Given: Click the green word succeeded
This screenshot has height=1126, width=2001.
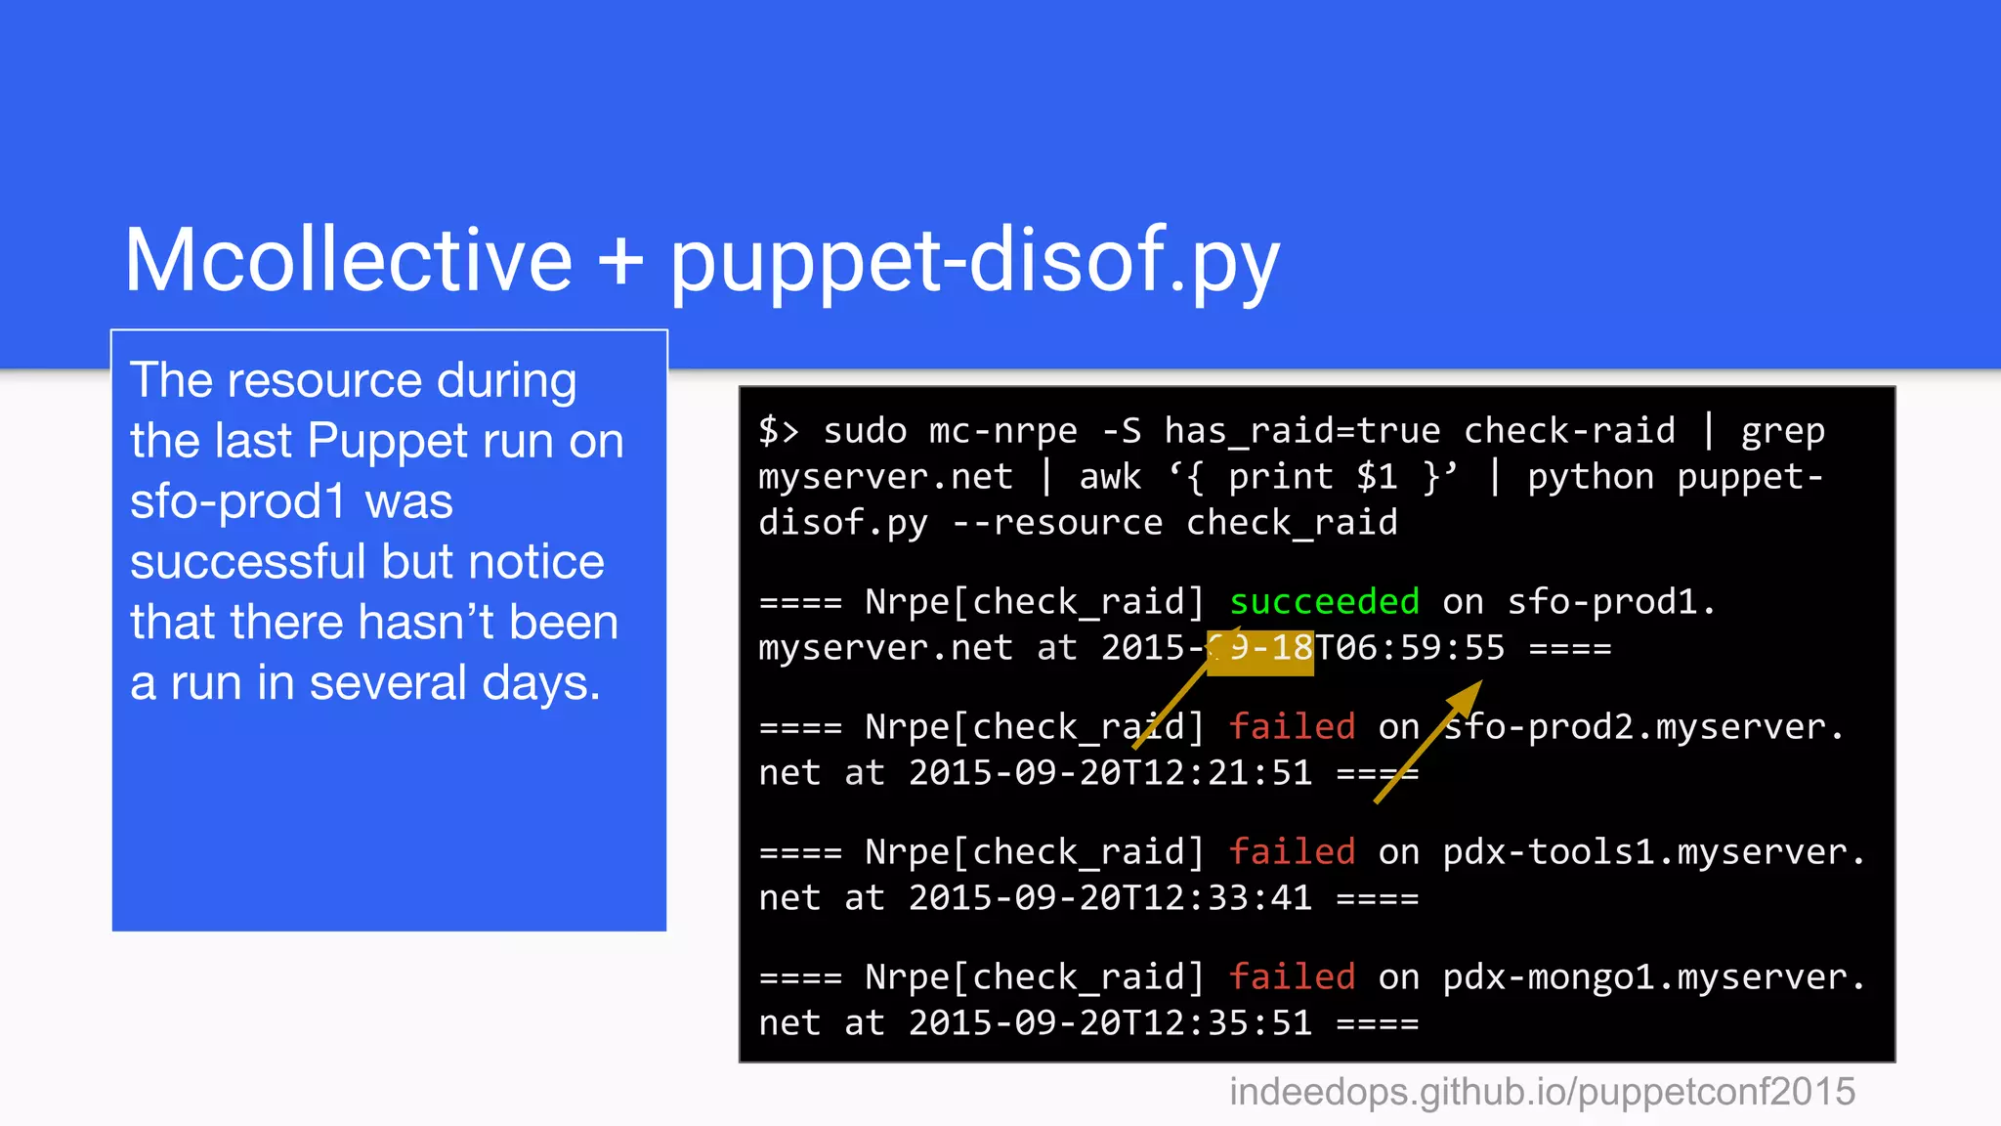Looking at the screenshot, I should click(1324, 602).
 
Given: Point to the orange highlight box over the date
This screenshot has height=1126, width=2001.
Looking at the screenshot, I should click(1260, 653).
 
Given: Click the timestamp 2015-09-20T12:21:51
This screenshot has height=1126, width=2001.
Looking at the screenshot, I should click(1110, 773).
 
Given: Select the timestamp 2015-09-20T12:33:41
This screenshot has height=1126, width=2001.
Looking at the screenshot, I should click(1110, 898).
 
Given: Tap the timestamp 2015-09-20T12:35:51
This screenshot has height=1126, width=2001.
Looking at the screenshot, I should click(1110, 1023).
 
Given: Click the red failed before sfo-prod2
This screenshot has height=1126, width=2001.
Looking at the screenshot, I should click(1292, 727).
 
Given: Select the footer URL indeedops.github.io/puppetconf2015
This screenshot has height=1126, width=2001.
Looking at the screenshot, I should click(1542, 1092).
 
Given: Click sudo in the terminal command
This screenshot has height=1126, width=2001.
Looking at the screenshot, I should click(865, 431).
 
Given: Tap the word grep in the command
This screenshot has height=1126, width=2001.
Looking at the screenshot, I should click(1782, 431).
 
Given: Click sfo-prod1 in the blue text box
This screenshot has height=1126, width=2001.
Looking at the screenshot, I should click(237, 501).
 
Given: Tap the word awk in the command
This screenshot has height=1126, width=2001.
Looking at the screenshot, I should click(1110, 477).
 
